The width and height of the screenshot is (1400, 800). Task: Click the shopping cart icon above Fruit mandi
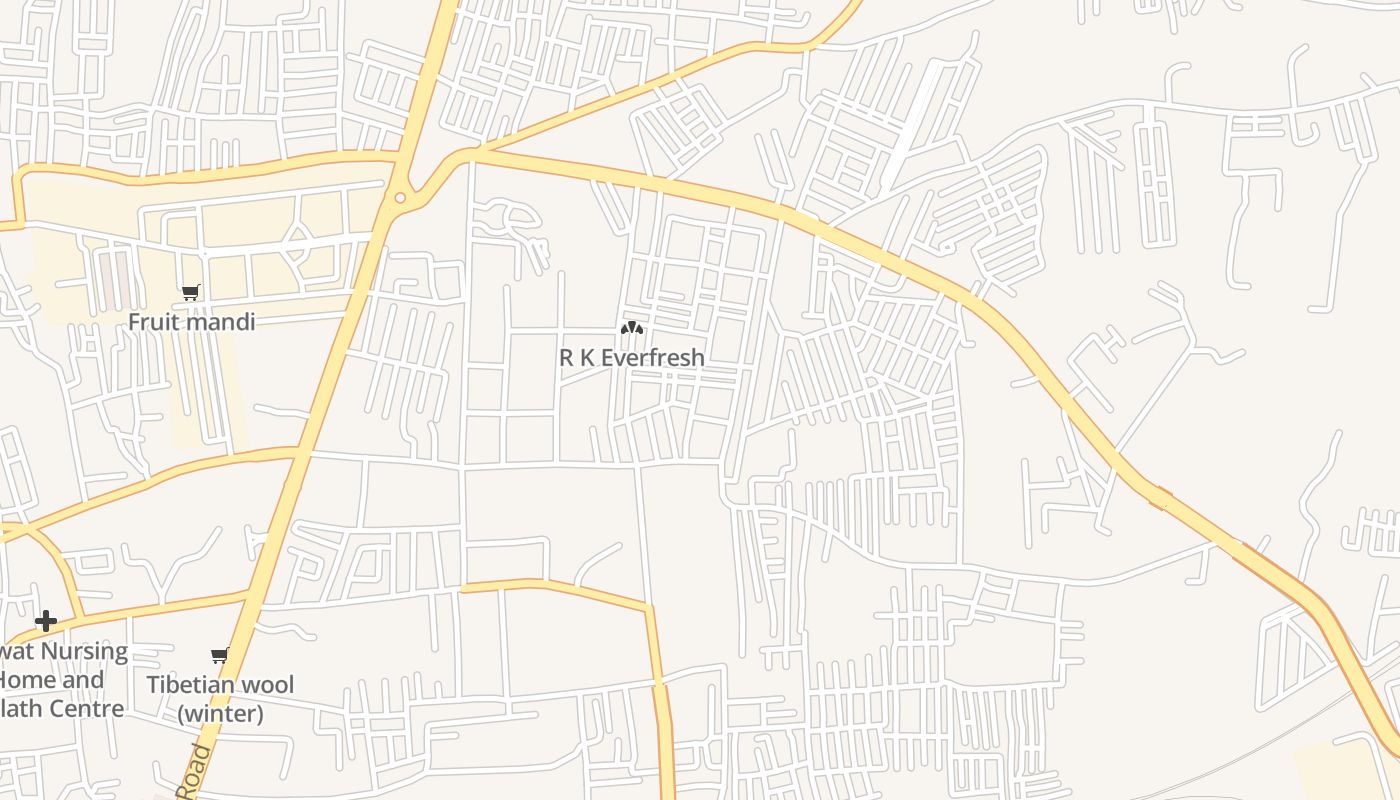[190, 293]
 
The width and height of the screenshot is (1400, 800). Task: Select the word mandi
[222, 322]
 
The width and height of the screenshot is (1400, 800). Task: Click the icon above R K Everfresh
[631, 328]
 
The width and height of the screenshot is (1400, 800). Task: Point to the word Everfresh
[655, 357]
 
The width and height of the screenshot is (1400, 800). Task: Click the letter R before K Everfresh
[567, 357]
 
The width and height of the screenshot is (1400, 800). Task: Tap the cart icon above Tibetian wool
[220, 656]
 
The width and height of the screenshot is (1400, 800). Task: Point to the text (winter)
[221, 713]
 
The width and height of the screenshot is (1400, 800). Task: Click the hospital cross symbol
[45, 621]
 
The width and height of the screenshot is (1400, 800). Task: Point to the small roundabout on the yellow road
[400, 198]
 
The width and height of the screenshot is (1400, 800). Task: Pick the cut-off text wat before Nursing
[15, 652]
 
